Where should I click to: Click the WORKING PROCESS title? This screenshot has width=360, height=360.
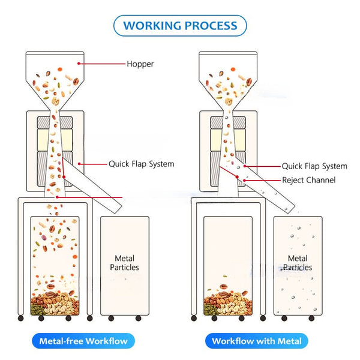click(x=180, y=26)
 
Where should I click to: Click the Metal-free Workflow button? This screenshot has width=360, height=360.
click(x=83, y=341)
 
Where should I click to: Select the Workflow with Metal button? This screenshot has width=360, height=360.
click(x=257, y=341)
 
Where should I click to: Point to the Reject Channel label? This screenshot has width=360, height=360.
click(x=308, y=180)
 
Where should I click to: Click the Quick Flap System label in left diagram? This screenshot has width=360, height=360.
click(x=141, y=163)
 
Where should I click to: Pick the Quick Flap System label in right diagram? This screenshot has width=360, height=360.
click(x=314, y=166)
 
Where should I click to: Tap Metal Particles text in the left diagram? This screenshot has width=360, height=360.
click(x=124, y=263)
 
